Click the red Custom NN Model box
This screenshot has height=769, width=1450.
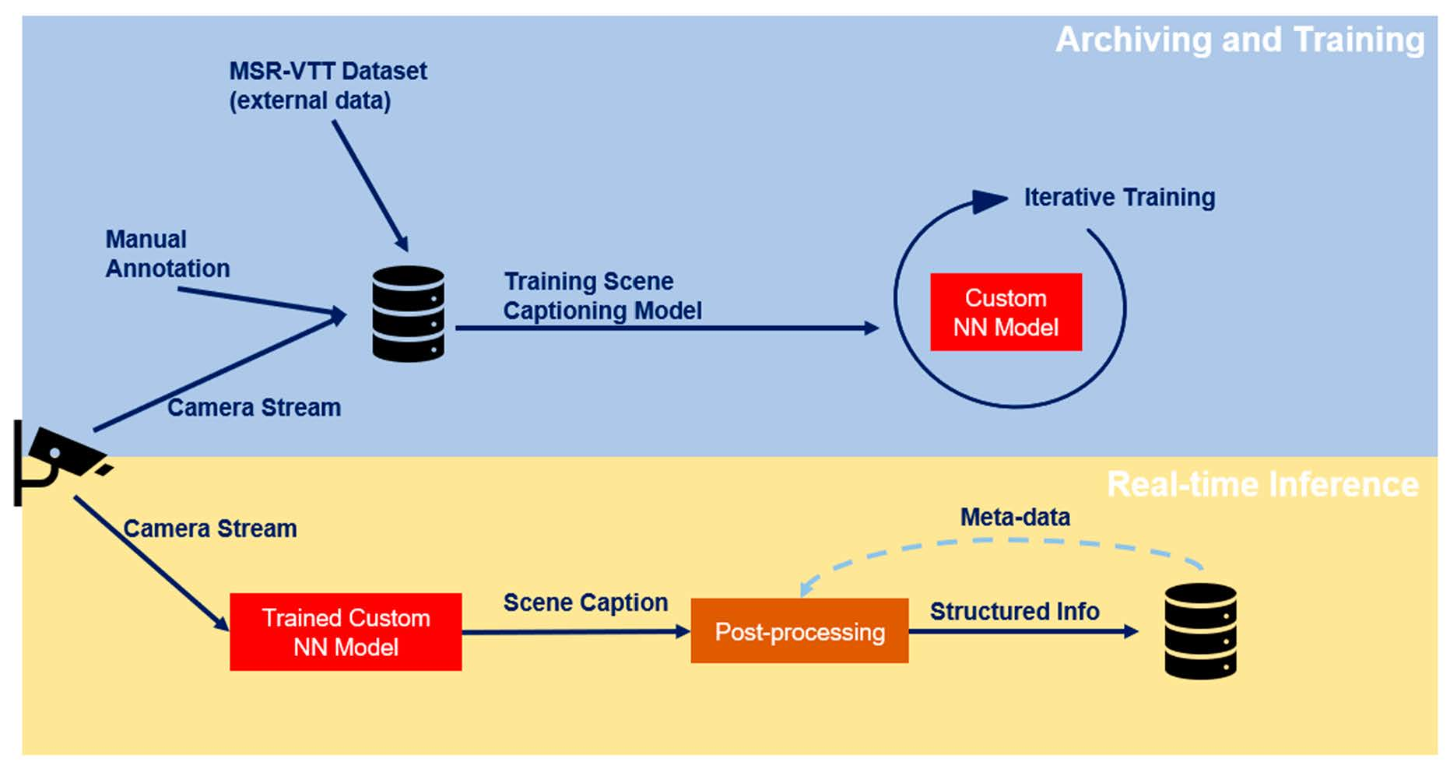(1006, 312)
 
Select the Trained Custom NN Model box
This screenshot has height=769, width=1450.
(346, 632)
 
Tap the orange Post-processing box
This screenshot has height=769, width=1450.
(799, 631)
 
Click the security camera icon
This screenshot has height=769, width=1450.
(58, 461)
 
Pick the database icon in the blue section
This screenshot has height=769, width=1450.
(408, 314)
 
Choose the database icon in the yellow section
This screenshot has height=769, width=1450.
(1200, 631)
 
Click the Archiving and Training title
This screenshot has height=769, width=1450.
(1239, 40)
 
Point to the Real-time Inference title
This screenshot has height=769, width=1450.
(1262, 484)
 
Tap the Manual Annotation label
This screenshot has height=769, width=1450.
(167, 254)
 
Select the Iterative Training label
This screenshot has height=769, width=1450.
(1118, 198)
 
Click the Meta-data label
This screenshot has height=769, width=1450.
(1014, 517)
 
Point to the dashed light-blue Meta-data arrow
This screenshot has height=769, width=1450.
(1004, 542)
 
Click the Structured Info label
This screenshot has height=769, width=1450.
(1014, 612)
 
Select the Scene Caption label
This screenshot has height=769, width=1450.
(585, 602)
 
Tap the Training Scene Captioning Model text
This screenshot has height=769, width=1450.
(602, 296)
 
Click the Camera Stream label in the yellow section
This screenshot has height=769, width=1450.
(209, 529)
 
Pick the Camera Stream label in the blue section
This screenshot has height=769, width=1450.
(254, 408)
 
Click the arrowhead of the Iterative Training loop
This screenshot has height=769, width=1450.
(989, 201)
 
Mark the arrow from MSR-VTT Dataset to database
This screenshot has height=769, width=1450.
(370, 185)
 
